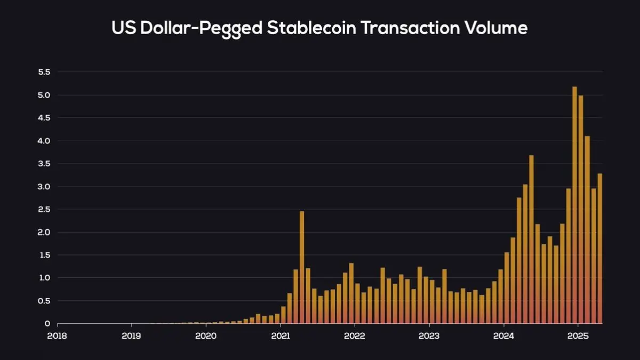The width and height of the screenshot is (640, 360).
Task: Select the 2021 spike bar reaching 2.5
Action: [302, 267]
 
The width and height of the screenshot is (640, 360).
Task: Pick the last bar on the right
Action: [599, 248]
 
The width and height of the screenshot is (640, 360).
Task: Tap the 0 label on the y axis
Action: [47, 323]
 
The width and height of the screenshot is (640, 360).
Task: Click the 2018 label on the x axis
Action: [58, 335]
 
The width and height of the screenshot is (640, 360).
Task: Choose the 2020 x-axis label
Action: [206, 335]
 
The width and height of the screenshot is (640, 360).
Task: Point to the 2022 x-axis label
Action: [355, 335]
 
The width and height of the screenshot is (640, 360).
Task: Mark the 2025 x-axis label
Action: [578, 335]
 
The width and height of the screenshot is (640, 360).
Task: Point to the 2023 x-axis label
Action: [429, 335]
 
